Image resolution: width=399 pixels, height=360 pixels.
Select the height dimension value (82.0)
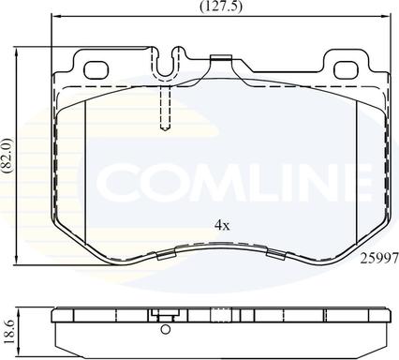tap(7, 156)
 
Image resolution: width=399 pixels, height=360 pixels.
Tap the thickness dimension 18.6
tap(8, 330)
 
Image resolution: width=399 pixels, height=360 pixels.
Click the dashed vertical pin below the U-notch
tap(165, 108)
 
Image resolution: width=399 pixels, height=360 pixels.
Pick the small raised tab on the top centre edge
tap(221, 60)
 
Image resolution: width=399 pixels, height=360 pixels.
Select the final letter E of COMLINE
tap(376, 180)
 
